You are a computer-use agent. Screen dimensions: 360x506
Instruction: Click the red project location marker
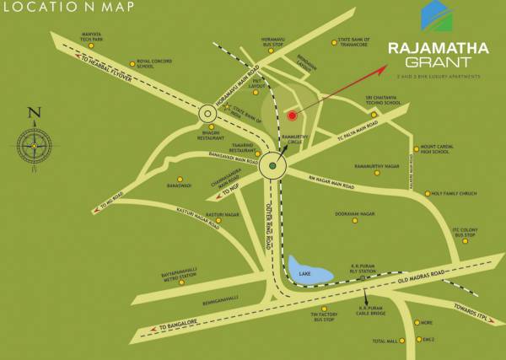pyautogui.click(x=292, y=115)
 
